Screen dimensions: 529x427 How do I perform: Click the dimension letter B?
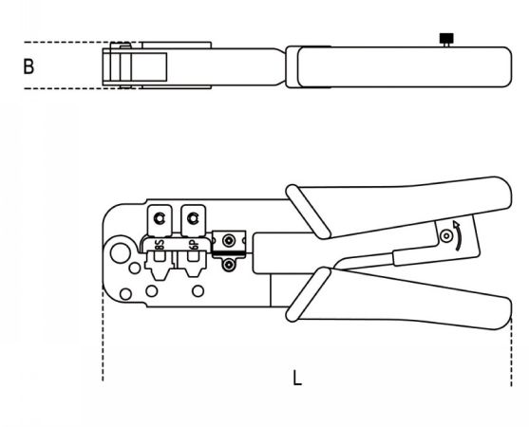[x=28, y=66]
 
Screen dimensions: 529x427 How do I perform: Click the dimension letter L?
[x=297, y=378]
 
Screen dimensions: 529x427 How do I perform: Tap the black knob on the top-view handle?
[x=446, y=38]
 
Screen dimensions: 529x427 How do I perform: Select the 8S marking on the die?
[x=160, y=245]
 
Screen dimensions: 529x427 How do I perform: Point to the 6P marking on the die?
[x=194, y=245]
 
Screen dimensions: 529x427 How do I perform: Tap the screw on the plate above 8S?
[x=159, y=218]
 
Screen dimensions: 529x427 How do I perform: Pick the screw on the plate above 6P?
[x=193, y=218]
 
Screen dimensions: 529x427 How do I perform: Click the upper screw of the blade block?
[x=229, y=241]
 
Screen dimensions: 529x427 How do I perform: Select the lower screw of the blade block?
[x=229, y=266]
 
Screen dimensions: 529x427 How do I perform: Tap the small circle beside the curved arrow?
[x=446, y=235]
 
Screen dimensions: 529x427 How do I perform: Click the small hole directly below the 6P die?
[x=198, y=291]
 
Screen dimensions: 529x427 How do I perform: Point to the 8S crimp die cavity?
[x=160, y=266]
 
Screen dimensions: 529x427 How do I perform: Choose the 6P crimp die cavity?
[x=192, y=265]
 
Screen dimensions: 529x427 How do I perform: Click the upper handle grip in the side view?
[x=405, y=206]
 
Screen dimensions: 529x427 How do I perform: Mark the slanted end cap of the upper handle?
[x=308, y=212]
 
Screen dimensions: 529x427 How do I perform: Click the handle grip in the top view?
[x=405, y=67]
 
